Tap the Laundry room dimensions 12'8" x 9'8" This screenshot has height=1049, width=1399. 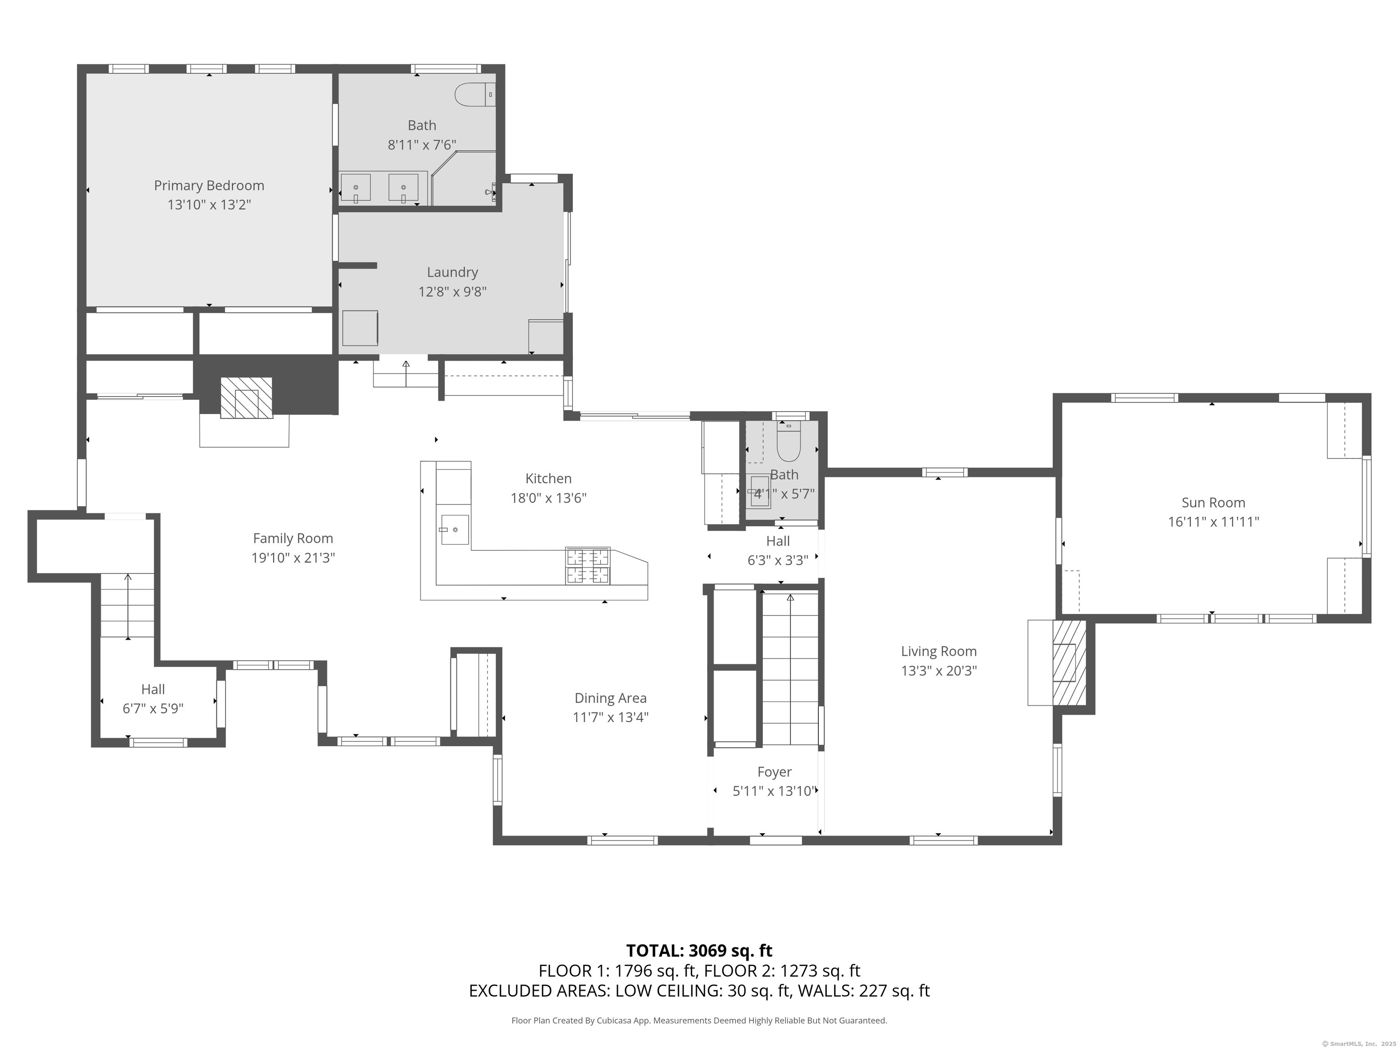point(452,291)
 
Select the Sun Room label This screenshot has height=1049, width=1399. point(1213,503)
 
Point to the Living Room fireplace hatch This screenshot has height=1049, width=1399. point(1069,662)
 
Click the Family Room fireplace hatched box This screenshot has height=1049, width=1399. point(246,398)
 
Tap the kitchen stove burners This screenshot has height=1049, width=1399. point(588,565)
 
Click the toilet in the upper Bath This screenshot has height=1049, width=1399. point(475,94)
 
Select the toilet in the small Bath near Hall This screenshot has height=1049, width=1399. point(789,441)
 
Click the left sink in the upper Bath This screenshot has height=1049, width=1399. point(355,188)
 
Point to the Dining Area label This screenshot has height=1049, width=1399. point(610,698)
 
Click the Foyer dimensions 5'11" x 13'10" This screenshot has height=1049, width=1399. point(775,790)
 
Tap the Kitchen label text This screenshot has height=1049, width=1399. point(548,479)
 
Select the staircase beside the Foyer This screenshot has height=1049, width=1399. point(790,669)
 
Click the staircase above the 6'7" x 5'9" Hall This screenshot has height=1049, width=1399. point(128,606)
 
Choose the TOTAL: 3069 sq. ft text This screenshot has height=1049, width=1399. point(699,950)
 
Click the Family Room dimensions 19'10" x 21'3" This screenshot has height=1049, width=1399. point(293,558)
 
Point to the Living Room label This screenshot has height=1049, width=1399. point(939,651)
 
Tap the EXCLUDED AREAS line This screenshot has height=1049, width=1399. point(699,990)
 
